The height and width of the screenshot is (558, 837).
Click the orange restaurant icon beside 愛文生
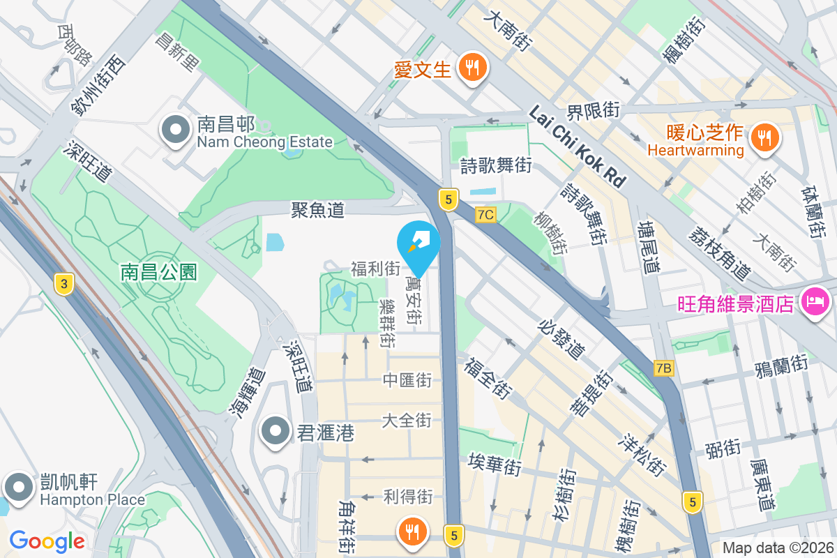point(473,68)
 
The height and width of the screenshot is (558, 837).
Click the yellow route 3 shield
point(64,283)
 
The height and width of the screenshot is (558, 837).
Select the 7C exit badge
point(486,215)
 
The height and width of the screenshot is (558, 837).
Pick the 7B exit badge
point(664,368)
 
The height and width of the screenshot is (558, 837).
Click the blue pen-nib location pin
point(418,244)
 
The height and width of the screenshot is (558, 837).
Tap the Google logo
point(47,541)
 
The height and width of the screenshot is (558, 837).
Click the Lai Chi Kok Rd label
point(576,146)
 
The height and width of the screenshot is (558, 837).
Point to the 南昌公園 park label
point(159,271)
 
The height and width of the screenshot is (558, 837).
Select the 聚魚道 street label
point(318,209)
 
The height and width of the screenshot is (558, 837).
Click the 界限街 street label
point(593,110)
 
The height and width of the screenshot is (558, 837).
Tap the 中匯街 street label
point(407,380)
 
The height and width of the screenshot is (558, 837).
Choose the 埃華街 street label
point(495,465)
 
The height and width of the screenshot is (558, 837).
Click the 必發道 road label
point(561,340)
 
